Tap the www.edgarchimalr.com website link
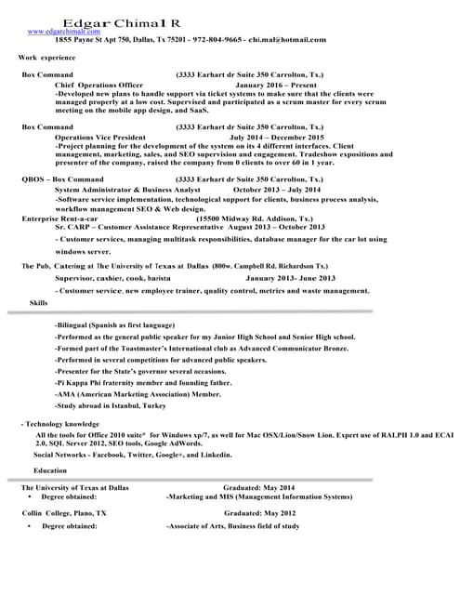(x=62, y=32)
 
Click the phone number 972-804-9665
(x=216, y=41)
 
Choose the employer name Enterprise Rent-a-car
(x=59, y=218)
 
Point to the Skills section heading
(x=39, y=303)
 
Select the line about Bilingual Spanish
(x=114, y=325)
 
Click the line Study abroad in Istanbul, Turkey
(x=111, y=406)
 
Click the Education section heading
(x=50, y=470)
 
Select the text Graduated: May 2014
(x=258, y=487)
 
